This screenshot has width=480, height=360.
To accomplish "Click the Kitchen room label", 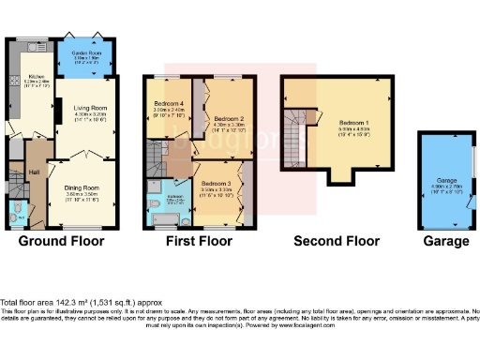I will pos(37,76).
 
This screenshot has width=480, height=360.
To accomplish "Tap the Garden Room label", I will pos(86,54).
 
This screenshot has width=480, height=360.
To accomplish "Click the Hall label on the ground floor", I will pos(33,172).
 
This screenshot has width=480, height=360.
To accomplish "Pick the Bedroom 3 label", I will pos(216,183).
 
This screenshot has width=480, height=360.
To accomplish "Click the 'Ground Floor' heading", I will pos(63,241).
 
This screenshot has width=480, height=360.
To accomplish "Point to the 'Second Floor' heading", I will pos(337,241).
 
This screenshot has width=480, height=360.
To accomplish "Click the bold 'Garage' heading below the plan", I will pos(445,241).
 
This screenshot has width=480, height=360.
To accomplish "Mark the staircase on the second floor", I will pos(295,136).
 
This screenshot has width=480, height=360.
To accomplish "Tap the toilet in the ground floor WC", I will pos(12,217).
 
